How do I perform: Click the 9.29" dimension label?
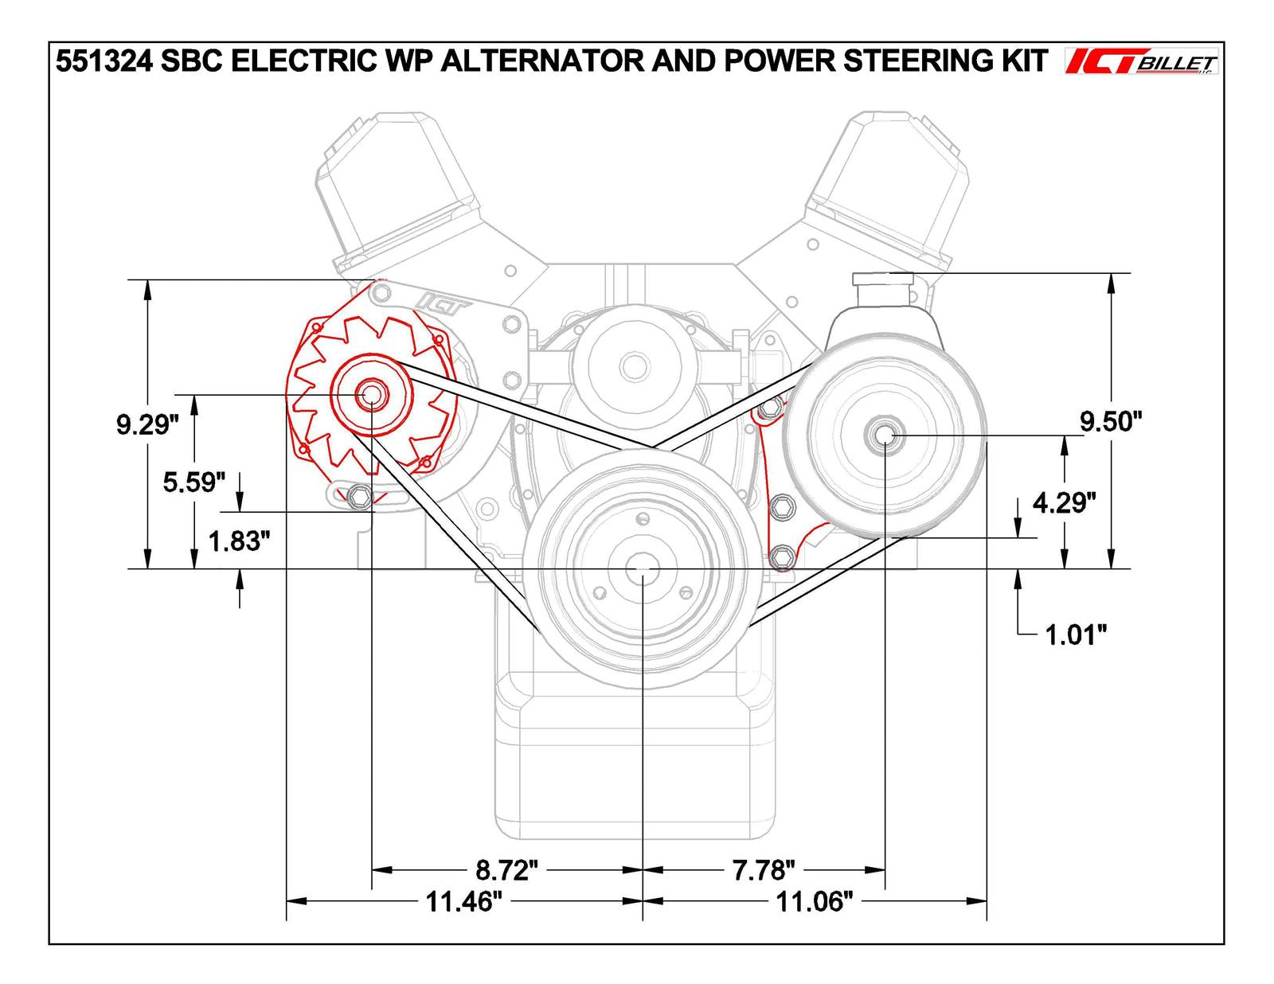(x=143, y=425)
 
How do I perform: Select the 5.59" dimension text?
(x=194, y=482)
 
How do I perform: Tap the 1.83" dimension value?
(x=234, y=541)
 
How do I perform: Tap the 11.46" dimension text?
(x=463, y=902)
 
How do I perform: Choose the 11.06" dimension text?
(x=815, y=902)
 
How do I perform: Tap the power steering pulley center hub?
(x=885, y=435)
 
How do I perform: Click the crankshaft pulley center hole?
(x=642, y=569)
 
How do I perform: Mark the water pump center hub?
(x=634, y=367)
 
